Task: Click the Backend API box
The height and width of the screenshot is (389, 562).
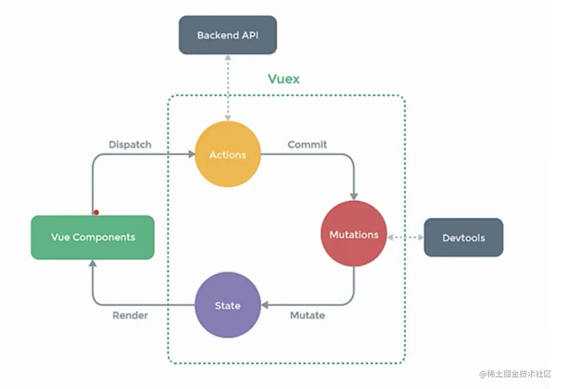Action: (x=227, y=35)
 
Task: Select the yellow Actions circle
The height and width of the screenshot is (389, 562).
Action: (x=227, y=155)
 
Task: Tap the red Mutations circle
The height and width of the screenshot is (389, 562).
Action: (x=354, y=234)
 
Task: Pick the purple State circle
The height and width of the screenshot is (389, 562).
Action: (x=227, y=305)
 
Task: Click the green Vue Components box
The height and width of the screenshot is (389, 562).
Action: (x=93, y=237)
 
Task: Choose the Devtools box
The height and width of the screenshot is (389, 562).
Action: (x=464, y=238)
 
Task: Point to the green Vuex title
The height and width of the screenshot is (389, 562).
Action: (x=284, y=79)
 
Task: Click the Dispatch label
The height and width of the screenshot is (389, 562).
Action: (x=130, y=145)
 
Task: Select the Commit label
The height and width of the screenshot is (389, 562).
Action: (x=308, y=145)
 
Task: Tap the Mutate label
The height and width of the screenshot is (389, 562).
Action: (x=308, y=315)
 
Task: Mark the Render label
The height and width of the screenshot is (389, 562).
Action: (x=130, y=315)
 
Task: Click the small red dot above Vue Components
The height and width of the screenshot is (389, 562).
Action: (x=96, y=212)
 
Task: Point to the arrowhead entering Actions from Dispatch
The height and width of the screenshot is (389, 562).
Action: (x=192, y=154)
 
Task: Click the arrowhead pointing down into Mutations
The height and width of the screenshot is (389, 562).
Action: (x=354, y=196)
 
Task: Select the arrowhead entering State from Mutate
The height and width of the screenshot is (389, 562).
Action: (x=265, y=305)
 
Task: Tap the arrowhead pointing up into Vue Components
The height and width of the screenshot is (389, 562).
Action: (x=93, y=263)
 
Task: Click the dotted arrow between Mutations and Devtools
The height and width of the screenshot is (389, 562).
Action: (x=405, y=237)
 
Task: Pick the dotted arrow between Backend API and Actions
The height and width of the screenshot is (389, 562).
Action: (x=228, y=88)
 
